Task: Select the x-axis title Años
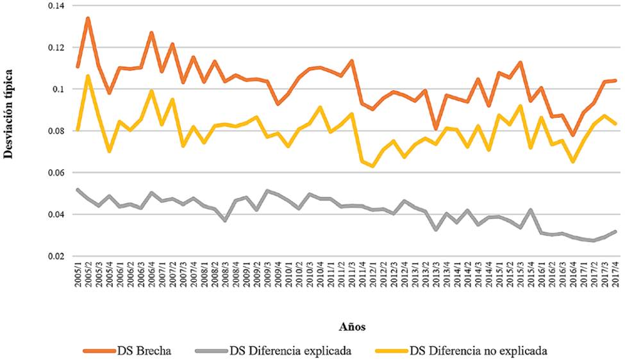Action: coord(352,327)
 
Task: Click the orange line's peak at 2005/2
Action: coord(88,18)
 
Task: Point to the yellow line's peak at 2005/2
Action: coord(88,76)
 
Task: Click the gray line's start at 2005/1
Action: coord(78,190)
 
